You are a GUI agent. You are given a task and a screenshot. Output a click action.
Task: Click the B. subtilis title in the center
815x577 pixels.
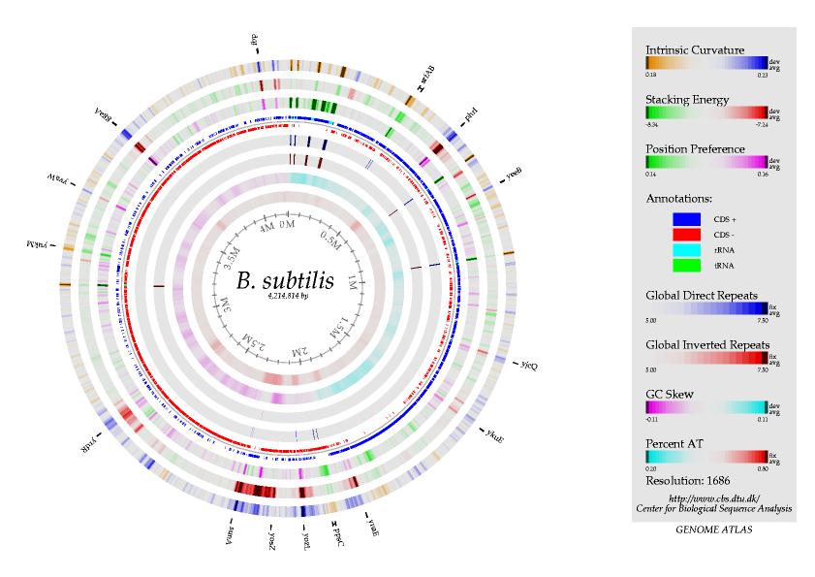[x=284, y=280]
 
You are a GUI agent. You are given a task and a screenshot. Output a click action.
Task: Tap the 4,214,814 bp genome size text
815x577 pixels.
[x=285, y=296]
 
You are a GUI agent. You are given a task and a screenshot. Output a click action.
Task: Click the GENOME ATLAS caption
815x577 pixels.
[x=713, y=531]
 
